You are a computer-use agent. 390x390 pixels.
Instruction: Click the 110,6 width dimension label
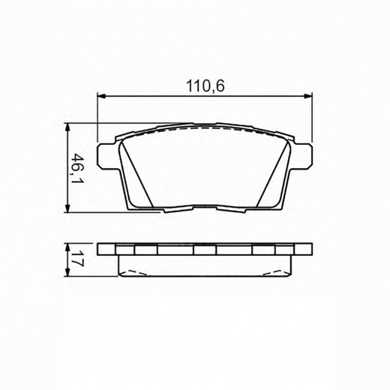205,86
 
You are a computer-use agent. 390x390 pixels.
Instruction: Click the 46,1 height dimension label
78,168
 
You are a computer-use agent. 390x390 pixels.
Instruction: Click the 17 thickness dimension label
78,259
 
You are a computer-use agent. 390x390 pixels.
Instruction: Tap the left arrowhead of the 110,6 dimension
101,95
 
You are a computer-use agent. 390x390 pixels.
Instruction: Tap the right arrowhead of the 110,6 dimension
308,95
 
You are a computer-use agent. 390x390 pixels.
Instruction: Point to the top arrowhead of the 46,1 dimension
67,127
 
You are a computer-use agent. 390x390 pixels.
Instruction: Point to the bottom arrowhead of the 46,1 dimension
67,208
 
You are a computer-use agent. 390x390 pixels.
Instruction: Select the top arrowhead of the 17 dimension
67,247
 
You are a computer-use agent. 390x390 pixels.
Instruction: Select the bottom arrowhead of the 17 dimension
67,272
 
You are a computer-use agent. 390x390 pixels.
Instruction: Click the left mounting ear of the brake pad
106,156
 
